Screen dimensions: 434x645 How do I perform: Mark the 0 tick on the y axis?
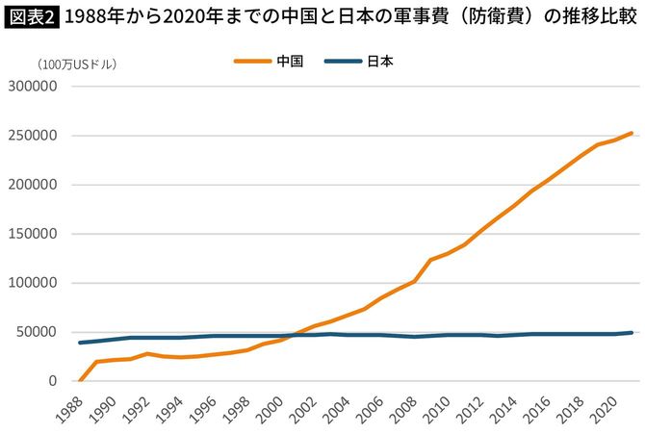pyautogui.click(x=54, y=381)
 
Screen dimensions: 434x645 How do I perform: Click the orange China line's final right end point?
pyautogui.click(x=632, y=133)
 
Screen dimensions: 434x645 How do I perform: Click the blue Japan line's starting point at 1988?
pyautogui.click(x=79, y=343)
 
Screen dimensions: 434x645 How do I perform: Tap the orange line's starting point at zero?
pyautogui.click(x=79, y=380)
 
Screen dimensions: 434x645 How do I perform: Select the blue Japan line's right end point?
pyautogui.click(x=632, y=333)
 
